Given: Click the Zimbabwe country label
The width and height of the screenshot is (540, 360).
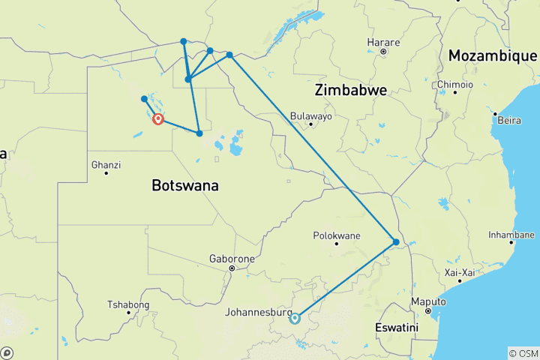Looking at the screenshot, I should click(351, 90).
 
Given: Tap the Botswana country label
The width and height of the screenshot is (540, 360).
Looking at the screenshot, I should click(185, 185).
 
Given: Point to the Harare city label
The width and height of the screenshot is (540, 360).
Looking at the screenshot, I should click(382, 42).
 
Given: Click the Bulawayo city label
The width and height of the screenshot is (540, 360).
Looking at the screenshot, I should click(310, 116).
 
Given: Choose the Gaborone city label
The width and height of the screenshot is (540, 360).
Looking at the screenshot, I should click(232, 259).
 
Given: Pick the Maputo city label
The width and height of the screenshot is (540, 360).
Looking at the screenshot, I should click(427, 301).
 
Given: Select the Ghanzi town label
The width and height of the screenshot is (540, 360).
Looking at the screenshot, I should click(106, 164).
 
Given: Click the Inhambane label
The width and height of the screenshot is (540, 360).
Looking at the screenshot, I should click(511, 234).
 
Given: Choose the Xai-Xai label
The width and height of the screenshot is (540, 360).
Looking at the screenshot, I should click(461, 271).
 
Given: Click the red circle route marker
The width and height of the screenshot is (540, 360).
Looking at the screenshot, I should click(158, 118).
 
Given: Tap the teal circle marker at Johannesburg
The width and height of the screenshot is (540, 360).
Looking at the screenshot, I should click(295, 318).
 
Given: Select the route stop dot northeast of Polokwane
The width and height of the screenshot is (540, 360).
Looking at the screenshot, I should click(396, 241).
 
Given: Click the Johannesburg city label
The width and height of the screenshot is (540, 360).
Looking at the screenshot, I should click(261, 312).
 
